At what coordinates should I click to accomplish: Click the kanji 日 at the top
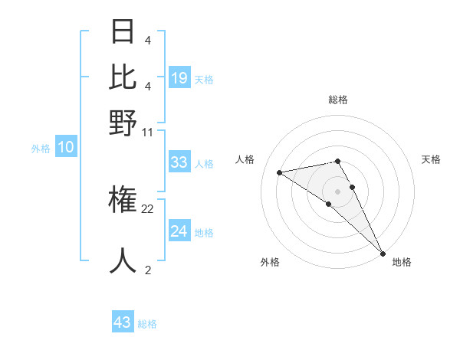click(123, 33)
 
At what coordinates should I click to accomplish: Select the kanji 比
click(123, 77)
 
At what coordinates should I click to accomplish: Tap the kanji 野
click(123, 123)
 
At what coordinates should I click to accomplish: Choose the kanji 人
click(123, 260)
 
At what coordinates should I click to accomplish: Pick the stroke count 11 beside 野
click(148, 132)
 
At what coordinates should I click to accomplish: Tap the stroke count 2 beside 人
click(148, 270)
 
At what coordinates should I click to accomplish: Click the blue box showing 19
click(179, 78)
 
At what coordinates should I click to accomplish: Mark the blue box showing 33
click(179, 162)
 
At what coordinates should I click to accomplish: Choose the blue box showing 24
click(179, 231)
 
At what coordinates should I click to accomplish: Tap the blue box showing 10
click(66, 148)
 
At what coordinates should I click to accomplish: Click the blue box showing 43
click(123, 322)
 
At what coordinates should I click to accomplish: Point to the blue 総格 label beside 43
click(148, 325)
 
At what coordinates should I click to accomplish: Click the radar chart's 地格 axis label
click(402, 262)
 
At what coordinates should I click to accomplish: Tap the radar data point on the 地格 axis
click(383, 253)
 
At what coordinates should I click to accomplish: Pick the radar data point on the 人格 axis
click(280, 172)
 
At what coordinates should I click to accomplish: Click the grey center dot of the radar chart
click(338, 191)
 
